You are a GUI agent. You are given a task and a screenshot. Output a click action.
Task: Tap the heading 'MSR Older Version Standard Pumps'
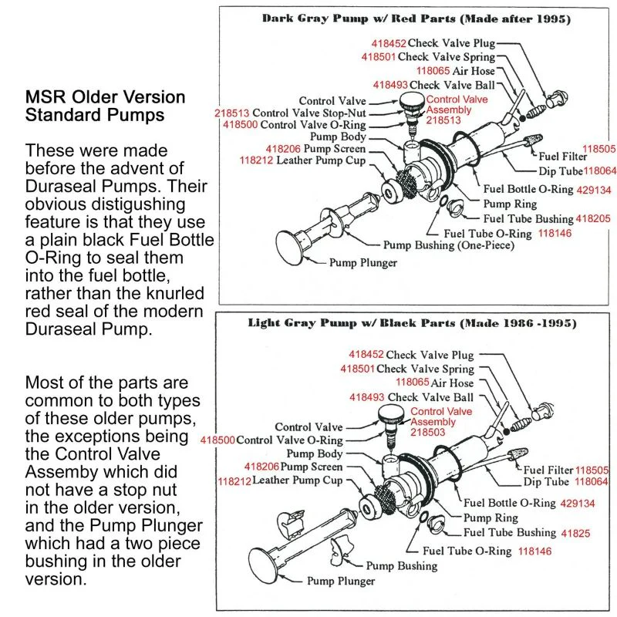[106, 106]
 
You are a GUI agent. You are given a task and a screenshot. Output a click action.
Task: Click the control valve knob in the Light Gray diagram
[389, 420]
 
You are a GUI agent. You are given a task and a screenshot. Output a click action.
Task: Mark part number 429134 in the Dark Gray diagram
[587, 189]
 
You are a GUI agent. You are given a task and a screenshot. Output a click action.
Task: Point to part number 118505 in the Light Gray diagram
[592, 470]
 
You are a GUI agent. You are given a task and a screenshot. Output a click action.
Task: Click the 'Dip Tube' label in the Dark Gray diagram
[561, 171]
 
